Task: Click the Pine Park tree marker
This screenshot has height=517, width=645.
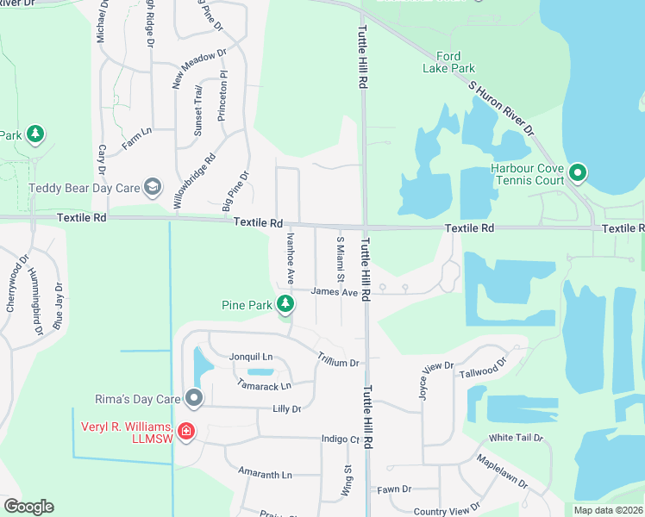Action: point(285,304)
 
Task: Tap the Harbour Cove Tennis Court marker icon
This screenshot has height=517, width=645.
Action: point(578,174)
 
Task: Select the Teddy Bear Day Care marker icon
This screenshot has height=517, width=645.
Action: point(153,188)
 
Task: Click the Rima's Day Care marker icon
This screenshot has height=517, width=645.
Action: point(194,398)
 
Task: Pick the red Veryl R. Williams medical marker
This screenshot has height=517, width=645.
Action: point(185,430)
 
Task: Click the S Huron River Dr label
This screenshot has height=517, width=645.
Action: point(501,107)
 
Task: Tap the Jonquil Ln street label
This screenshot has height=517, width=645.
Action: point(251,357)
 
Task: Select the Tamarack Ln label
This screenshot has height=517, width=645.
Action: point(264,385)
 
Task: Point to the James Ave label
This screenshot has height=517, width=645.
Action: point(334,292)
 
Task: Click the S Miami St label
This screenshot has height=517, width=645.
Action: point(340,259)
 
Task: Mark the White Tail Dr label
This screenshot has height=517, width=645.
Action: point(516,438)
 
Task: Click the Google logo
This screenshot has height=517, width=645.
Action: point(28,507)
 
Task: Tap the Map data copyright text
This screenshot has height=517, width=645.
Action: point(608,510)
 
